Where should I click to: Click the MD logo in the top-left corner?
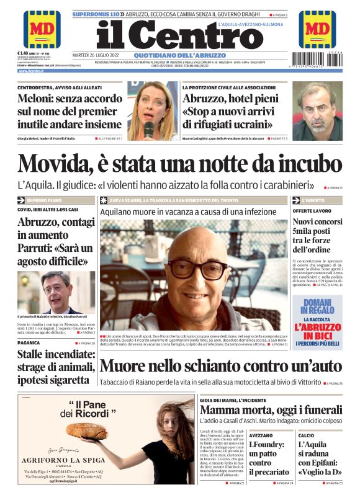[42, 29]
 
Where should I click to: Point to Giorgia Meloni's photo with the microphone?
[151, 110]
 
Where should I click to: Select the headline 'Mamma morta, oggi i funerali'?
[270, 410]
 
